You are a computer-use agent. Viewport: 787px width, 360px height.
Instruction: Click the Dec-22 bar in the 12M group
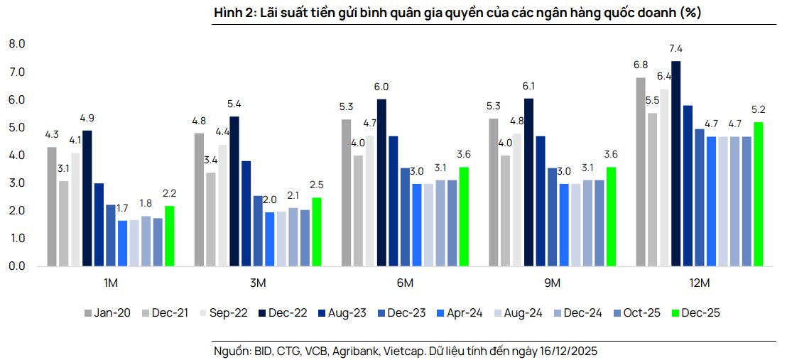click(675, 164)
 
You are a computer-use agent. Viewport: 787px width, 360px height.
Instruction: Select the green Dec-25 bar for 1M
click(169, 236)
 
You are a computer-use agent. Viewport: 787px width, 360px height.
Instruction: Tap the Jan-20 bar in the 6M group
click(346, 192)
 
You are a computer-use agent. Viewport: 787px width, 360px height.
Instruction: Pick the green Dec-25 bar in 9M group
click(611, 217)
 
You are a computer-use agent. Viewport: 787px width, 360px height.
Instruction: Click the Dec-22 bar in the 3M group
click(234, 192)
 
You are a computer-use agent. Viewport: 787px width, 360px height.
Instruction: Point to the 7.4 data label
click(675, 49)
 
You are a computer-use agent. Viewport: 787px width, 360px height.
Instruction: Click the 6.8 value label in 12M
click(640, 65)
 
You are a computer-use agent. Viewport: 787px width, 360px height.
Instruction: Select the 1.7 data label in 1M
click(122, 209)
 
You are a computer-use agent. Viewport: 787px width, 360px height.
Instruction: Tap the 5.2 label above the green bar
click(758, 110)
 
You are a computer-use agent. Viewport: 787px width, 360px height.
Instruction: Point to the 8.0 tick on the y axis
click(17, 44)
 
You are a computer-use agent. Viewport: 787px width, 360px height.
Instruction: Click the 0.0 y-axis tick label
click(17, 266)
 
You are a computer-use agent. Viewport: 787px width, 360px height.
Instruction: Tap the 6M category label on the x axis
click(404, 283)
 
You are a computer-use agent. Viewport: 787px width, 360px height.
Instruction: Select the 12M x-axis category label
click(700, 283)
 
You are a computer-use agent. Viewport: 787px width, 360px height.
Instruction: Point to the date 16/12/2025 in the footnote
click(570, 351)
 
